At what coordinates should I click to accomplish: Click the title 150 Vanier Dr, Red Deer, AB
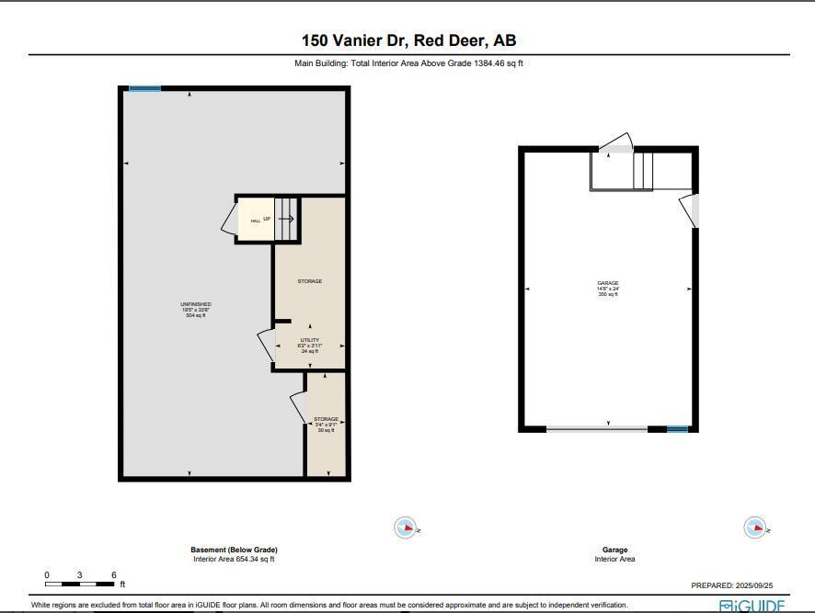408,40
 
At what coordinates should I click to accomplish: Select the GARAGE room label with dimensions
607,289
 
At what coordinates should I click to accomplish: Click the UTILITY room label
309,345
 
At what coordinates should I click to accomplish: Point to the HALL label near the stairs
255,221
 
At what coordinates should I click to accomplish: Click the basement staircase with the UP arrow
286,219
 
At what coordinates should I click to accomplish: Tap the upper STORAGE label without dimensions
309,281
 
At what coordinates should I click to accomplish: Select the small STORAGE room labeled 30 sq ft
326,425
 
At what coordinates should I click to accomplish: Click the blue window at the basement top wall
144,89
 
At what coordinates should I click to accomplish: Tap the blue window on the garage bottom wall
677,429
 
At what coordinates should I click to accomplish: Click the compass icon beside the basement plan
406,528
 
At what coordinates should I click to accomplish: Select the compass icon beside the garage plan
754,528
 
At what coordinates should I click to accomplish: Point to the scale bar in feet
81,584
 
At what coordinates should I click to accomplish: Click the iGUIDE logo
752,606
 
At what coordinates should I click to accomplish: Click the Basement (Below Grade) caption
234,550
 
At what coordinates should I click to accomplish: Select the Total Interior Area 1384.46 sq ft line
408,63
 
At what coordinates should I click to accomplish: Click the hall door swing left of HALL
228,220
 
